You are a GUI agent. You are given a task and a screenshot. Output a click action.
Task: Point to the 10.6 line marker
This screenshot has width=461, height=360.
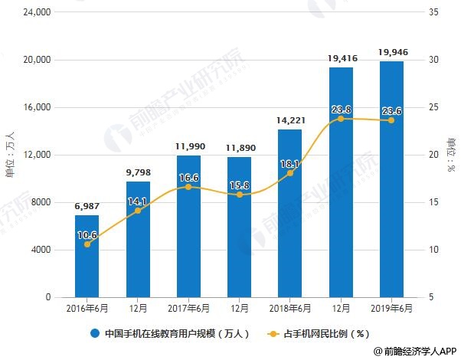pyautogui.click(x=87, y=244)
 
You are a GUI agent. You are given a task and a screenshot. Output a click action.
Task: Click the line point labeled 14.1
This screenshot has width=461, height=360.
pyautogui.click(x=138, y=211)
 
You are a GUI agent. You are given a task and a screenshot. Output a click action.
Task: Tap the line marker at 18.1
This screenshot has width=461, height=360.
pyautogui.click(x=289, y=173)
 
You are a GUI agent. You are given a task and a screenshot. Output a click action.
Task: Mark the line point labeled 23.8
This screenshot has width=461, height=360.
pyautogui.click(x=341, y=119)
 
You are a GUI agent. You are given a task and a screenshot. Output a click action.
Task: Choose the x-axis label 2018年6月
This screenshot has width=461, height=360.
pyautogui.click(x=289, y=309)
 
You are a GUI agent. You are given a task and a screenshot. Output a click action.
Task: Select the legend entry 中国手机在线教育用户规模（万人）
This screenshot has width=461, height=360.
pyautogui.click(x=166, y=334)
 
